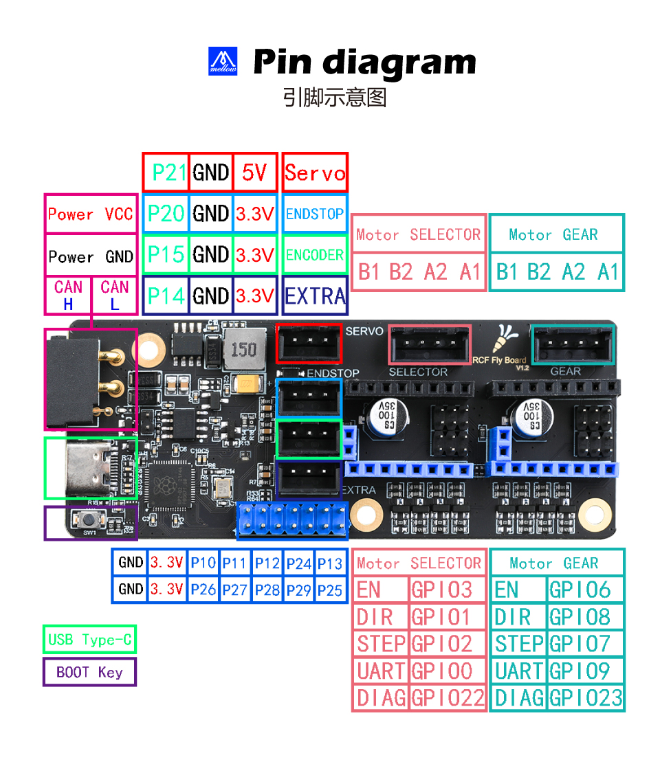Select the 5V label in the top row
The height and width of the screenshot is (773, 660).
[x=255, y=172]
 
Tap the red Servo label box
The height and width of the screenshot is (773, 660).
[x=315, y=172]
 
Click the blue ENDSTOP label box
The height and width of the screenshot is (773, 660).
[x=315, y=214]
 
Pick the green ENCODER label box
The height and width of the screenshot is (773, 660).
[x=315, y=255]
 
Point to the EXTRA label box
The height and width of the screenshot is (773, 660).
[x=315, y=296]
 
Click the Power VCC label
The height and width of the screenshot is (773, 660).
[x=90, y=214]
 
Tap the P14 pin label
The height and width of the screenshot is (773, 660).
[x=166, y=296]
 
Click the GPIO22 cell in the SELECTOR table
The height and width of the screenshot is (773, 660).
[x=448, y=698]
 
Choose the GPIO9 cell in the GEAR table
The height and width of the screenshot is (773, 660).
[x=586, y=671]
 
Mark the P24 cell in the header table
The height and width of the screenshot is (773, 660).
[x=299, y=563]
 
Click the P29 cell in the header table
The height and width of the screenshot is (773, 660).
[x=299, y=590]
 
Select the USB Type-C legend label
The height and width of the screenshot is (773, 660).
[x=89, y=640]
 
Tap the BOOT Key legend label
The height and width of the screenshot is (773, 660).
[x=89, y=672]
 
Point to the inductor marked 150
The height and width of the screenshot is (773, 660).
[x=243, y=348]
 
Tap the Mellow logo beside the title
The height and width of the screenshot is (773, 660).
[x=223, y=61]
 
